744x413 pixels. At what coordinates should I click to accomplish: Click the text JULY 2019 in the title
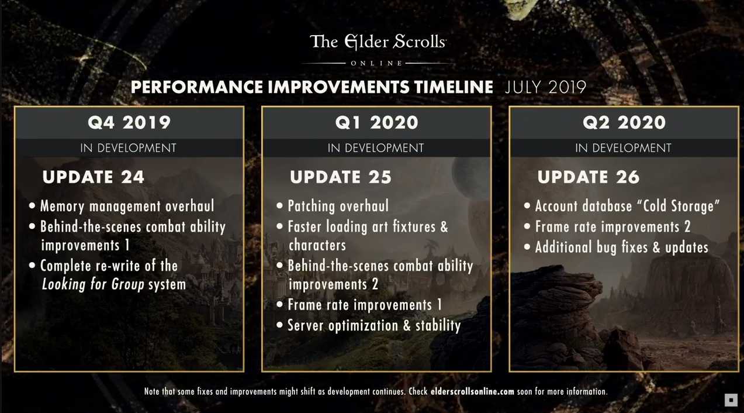tap(545, 88)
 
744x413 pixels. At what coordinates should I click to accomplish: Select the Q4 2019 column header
tap(129, 123)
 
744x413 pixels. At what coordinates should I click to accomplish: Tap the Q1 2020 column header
tap(376, 123)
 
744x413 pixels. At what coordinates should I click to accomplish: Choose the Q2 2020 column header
tap(624, 123)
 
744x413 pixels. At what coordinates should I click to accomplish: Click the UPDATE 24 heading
tap(94, 177)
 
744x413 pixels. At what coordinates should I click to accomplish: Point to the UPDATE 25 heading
tap(341, 177)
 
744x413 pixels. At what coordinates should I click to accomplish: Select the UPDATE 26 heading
tap(589, 177)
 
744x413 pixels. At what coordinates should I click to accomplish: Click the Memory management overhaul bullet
tap(127, 206)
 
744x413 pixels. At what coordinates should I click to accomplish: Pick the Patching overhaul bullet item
tap(338, 206)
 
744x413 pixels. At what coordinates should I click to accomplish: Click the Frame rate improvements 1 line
tap(364, 305)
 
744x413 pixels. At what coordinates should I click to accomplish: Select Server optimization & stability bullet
tap(374, 325)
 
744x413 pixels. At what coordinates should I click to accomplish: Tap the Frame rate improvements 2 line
tap(612, 226)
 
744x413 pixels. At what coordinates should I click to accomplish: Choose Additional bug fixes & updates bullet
tap(621, 247)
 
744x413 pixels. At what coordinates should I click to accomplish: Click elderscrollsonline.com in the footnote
tap(472, 391)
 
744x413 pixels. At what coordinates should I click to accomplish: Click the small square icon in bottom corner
tap(731, 400)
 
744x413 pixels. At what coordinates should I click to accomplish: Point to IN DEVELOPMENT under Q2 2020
tap(624, 148)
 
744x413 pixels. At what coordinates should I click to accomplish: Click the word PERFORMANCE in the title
tap(197, 88)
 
